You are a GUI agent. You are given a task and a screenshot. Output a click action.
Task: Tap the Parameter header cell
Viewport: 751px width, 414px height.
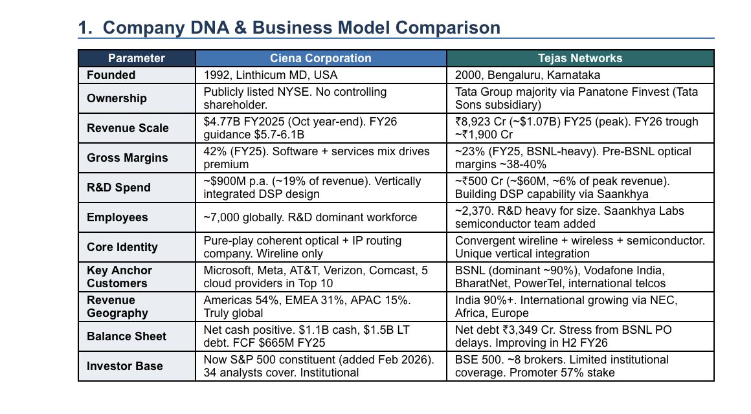(137, 58)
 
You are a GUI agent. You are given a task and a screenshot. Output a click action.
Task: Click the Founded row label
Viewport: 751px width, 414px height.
(111, 75)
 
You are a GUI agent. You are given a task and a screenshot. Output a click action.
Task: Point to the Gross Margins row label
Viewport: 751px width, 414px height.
(127, 158)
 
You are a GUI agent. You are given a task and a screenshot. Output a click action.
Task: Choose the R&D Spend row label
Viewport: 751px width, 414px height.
(118, 188)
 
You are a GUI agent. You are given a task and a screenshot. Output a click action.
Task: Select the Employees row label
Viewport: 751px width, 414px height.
(117, 217)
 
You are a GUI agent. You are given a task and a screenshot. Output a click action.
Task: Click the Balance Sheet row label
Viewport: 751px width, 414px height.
(126, 336)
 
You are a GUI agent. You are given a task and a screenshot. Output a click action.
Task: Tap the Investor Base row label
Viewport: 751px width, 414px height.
(124, 366)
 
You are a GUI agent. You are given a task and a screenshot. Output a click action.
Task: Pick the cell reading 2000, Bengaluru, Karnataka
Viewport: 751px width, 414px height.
(528, 75)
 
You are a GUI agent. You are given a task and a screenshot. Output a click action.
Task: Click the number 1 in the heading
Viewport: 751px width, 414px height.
(84, 28)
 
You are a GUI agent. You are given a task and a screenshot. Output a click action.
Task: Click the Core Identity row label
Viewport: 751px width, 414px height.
(122, 247)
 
